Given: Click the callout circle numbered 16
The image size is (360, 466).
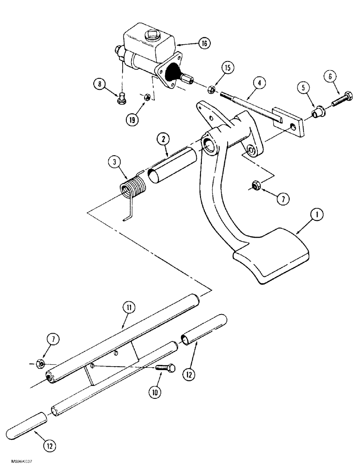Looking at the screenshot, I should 203,43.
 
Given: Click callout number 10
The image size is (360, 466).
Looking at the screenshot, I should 155,392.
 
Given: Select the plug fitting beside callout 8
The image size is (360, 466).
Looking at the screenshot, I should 122,98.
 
